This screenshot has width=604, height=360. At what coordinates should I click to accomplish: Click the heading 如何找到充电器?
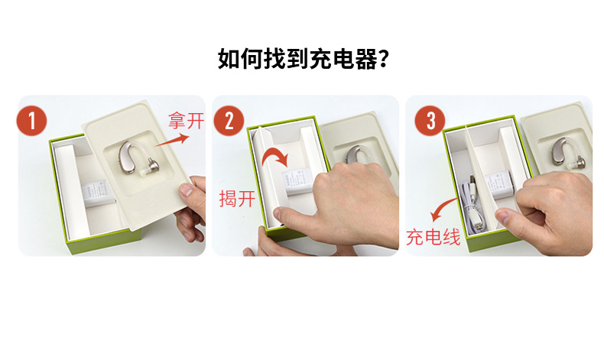pos(304,59)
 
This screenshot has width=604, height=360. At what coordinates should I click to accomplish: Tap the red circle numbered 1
pos(31,121)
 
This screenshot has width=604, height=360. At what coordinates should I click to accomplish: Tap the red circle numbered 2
pos(229,121)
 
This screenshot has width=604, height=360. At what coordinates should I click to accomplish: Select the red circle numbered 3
pos(430,121)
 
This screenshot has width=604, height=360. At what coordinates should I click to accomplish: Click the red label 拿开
pos(186,121)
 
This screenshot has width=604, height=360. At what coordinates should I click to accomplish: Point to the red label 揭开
pos(237,199)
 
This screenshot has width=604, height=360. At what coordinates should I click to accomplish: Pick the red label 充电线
pos(434,236)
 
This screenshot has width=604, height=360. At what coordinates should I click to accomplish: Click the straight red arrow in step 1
pos(172,140)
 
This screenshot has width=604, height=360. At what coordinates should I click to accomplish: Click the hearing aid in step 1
pos(138,159)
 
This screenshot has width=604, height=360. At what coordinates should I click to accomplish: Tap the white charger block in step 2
pos(297,182)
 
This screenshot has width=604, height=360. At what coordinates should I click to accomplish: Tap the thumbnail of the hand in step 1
pos(187,190)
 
